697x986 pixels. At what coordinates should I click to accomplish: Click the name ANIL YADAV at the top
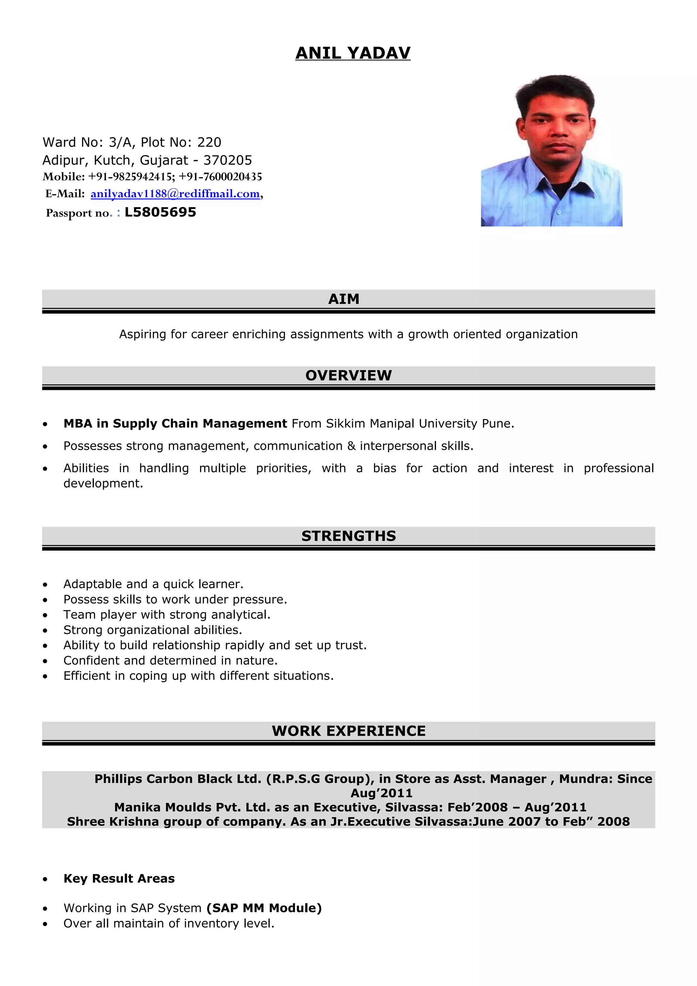tap(353, 53)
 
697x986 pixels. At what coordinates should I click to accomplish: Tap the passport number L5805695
tap(160, 212)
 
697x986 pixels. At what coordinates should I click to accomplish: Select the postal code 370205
tap(228, 160)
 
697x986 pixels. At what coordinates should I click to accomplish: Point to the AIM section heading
tap(343, 299)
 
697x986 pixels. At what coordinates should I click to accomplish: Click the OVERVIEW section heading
tap(348, 375)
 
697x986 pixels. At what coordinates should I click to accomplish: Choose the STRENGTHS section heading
tap(348, 536)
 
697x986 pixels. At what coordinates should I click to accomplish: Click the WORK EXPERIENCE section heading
tap(348, 731)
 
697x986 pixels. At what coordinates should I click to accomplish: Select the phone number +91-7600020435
tap(220, 177)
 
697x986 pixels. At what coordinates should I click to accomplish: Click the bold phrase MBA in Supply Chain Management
tap(175, 424)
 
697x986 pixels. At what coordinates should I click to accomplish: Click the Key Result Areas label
tap(119, 878)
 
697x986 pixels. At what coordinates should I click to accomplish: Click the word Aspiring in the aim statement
tap(143, 334)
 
